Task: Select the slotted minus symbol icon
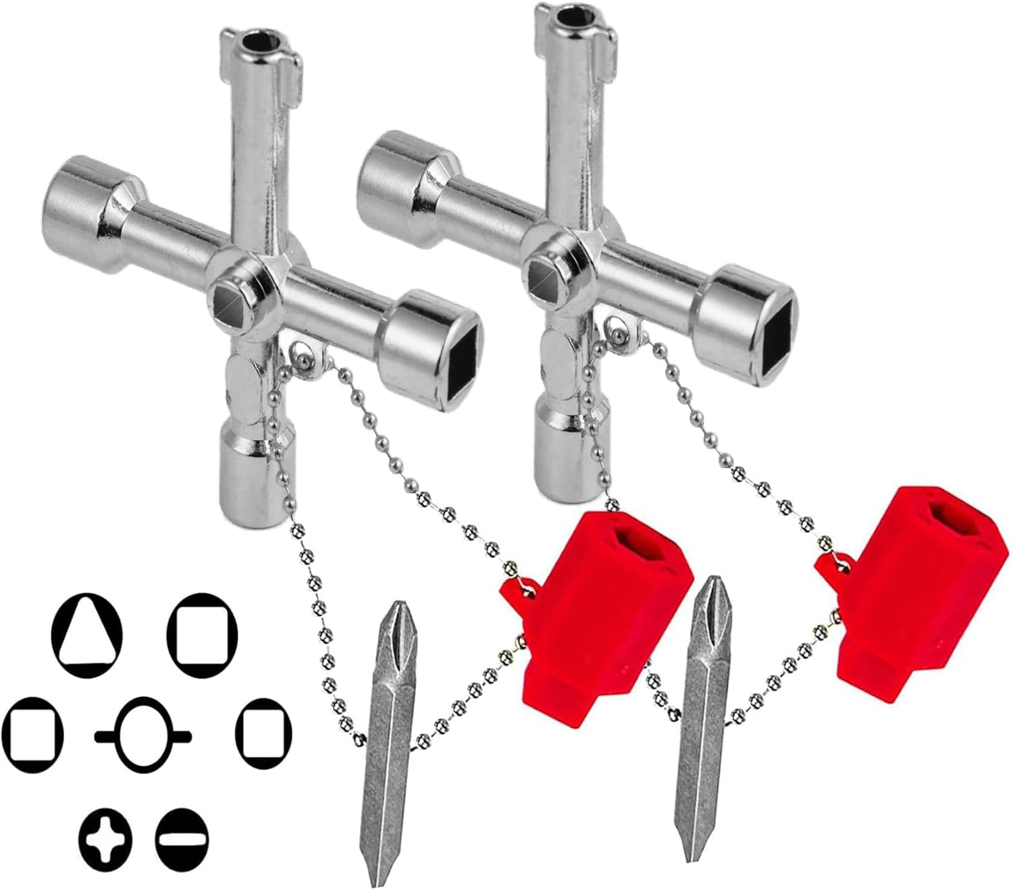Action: click(182, 839)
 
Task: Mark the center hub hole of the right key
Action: click(544, 274)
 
